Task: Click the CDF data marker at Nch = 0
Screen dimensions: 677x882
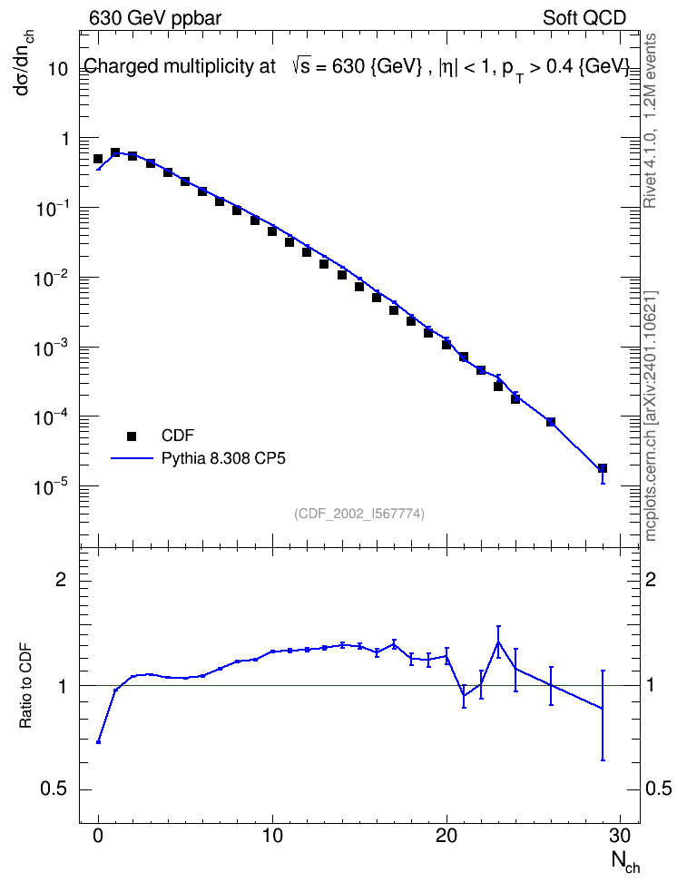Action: [98, 159]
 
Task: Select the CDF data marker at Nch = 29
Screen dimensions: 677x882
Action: [603, 468]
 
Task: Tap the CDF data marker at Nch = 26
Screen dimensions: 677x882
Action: [550, 422]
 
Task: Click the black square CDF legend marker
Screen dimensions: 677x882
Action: [132, 436]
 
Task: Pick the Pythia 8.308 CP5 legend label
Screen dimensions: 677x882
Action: [223, 458]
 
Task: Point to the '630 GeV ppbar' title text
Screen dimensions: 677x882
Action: [155, 18]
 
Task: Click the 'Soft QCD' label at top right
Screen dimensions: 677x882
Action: [584, 18]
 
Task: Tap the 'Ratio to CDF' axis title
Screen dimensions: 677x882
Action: [25, 685]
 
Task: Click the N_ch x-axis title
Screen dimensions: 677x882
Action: [625, 861]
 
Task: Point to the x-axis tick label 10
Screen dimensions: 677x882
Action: [272, 836]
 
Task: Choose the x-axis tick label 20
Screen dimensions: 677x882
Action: [446, 836]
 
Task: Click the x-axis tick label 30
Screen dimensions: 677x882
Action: [620, 836]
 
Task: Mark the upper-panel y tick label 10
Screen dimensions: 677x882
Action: [58, 69]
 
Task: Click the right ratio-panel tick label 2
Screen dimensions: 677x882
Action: [651, 579]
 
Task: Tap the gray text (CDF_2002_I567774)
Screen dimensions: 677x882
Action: [359, 514]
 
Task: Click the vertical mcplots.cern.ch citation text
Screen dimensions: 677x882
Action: [651, 416]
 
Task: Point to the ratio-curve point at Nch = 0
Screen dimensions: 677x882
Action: [99, 742]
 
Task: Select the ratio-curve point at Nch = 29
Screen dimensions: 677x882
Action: [603, 708]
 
